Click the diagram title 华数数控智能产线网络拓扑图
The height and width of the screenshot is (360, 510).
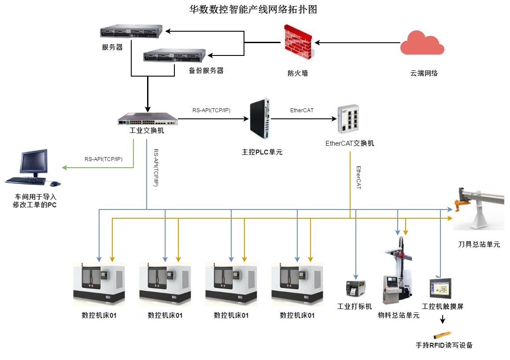point(253,10)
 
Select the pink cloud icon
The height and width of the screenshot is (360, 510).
point(422,43)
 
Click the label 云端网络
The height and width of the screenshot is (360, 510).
point(424,73)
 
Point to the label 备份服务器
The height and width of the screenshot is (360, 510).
point(206,70)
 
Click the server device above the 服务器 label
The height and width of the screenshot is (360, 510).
point(131,32)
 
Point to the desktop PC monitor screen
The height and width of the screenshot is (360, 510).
point(33,162)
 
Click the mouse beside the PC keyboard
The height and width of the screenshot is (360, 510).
point(55,183)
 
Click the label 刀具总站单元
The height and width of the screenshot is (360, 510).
point(479,244)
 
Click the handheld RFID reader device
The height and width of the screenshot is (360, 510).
point(443,334)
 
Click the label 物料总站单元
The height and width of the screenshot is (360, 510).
point(399,315)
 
